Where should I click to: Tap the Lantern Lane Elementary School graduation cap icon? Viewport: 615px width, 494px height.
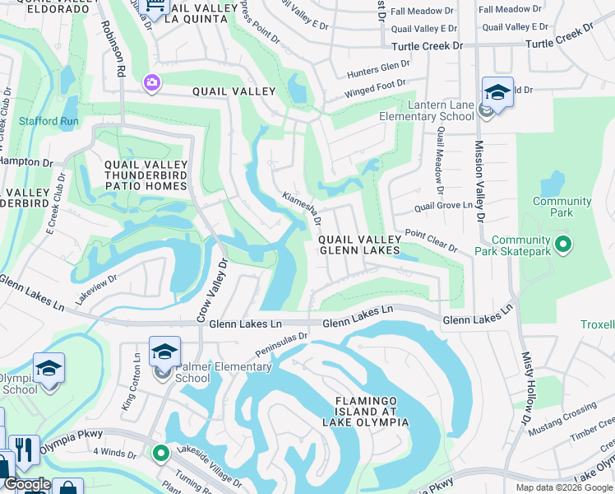pyautogui.click(x=497, y=92)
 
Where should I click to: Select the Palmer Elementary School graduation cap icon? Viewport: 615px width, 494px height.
pyautogui.click(x=164, y=351)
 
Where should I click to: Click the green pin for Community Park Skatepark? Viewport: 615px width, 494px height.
pyautogui.click(x=563, y=244)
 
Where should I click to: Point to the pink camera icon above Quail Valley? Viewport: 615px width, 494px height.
pyautogui.click(x=151, y=82)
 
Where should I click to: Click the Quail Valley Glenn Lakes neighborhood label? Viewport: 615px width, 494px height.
pyautogui.click(x=359, y=245)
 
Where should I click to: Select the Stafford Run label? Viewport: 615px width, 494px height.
pyautogui.click(x=49, y=121)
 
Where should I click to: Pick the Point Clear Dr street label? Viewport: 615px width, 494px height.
pyautogui.click(x=431, y=240)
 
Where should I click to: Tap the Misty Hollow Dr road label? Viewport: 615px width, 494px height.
pyautogui.click(x=525, y=388)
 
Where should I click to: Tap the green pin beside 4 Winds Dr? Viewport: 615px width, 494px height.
pyautogui.click(x=160, y=453)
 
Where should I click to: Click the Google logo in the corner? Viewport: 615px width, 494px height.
pyautogui.click(x=27, y=484)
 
